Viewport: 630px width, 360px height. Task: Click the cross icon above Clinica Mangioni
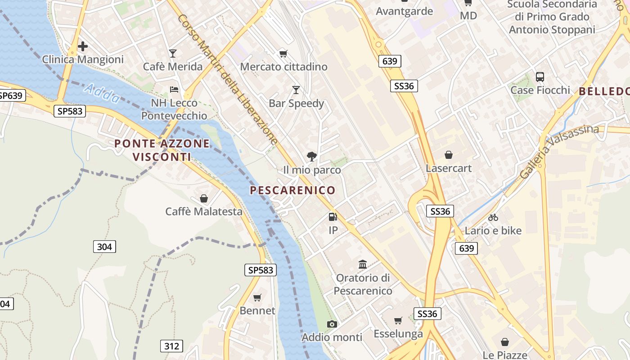point(83,46)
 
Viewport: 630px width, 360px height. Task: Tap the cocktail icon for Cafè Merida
point(173,54)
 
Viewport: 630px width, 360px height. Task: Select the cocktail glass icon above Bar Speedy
point(296,90)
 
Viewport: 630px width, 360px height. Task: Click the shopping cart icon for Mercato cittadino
point(283,54)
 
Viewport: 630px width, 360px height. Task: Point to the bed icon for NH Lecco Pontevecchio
point(174,90)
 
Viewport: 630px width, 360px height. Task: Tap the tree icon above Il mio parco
point(311,157)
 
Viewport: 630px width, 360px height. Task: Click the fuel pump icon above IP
point(333,217)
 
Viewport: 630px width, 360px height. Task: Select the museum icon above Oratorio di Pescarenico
point(363,264)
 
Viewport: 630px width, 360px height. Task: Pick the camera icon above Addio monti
point(332,324)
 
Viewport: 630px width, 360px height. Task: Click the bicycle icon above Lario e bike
point(493,217)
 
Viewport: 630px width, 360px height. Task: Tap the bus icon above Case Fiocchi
point(540,77)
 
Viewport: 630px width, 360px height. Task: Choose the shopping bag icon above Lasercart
point(449,155)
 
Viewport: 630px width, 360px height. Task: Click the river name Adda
point(103,93)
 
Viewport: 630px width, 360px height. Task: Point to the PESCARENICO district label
point(292,190)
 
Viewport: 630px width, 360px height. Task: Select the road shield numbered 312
point(171,346)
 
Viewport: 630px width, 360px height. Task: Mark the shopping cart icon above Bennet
point(257,297)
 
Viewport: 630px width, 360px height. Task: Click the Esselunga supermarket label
point(398,334)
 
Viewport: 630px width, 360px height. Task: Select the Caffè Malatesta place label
point(204,211)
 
